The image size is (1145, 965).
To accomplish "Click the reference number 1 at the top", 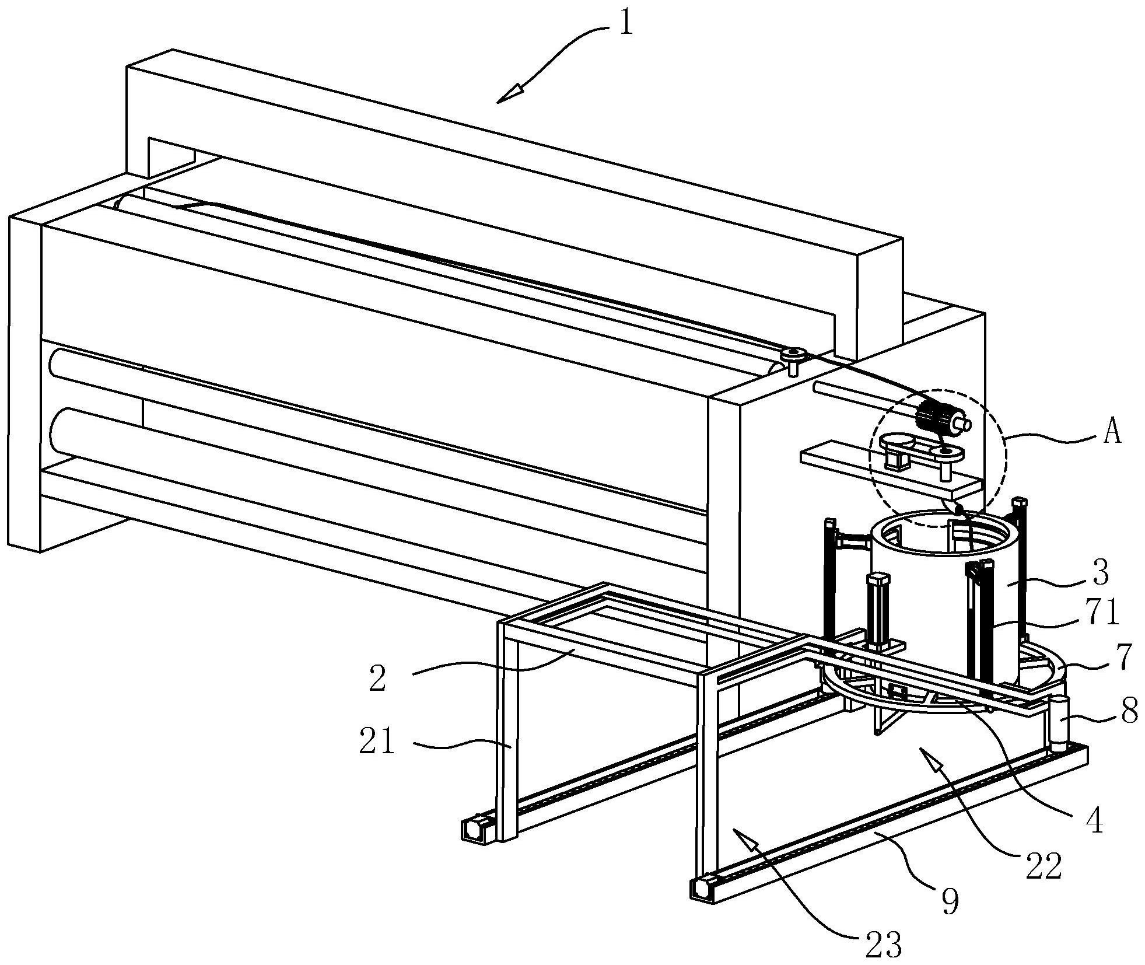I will (x=625, y=25).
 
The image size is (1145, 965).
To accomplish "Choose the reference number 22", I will (x=1044, y=868).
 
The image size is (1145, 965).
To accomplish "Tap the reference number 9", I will (x=950, y=902).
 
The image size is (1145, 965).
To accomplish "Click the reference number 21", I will (x=377, y=744).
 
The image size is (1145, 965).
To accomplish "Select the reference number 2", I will (x=377, y=679).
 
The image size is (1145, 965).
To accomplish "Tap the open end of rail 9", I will (x=701, y=889).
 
